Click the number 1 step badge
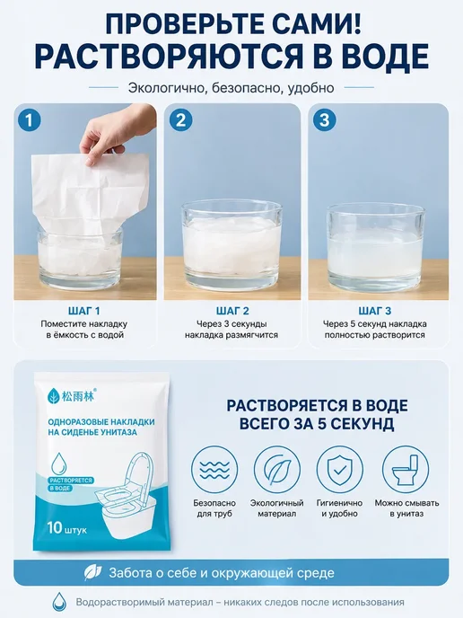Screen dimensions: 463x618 (x=30, y=120)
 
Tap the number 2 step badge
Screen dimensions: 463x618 (x=180, y=120)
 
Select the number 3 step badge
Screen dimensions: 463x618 (x=325, y=120)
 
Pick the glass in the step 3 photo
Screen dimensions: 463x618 (x=376, y=246)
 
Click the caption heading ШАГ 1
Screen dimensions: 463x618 (x=83, y=311)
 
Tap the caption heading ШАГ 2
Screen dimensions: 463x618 (x=232, y=311)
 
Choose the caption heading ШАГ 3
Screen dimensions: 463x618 (x=375, y=311)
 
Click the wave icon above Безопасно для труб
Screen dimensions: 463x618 (x=214, y=469)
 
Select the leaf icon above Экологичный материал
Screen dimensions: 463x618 (x=277, y=469)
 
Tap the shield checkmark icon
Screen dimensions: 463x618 (x=340, y=469)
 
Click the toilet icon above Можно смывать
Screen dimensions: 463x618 (x=406, y=469)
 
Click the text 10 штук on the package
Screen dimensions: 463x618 (x=66, y=528)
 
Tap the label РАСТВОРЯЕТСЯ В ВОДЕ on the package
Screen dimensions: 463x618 (x=71, y=484)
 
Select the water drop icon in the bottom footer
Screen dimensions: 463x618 (x=59, y=602)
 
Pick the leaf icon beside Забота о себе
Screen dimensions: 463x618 (x=93, y=573)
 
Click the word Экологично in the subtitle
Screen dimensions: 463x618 (x=167, y=87)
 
